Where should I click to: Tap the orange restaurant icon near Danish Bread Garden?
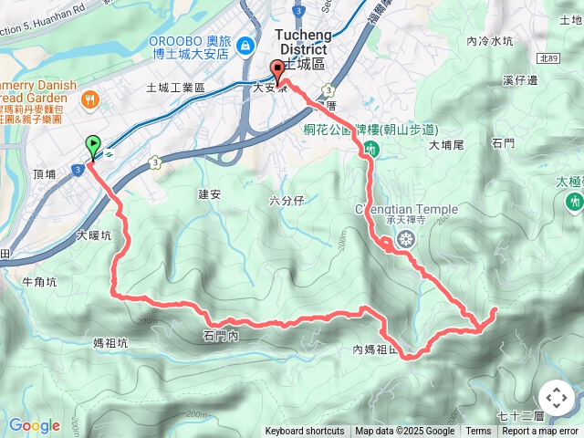click(89, 99)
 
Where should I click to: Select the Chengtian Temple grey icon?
click(405, 241)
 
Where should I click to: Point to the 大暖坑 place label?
click(94, 235)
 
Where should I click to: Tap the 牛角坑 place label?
click(38, 282)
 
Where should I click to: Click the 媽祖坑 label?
click(111, 343)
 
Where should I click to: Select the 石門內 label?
click(220, 337)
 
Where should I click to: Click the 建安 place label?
click(209, 193)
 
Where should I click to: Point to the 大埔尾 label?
click(446, 144)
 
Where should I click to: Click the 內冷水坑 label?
click(490, 41)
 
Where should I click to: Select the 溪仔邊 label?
click(520, 80)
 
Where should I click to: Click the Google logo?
click(34, 425)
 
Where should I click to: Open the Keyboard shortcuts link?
click(305, 432)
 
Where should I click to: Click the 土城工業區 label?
click(176, 88)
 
